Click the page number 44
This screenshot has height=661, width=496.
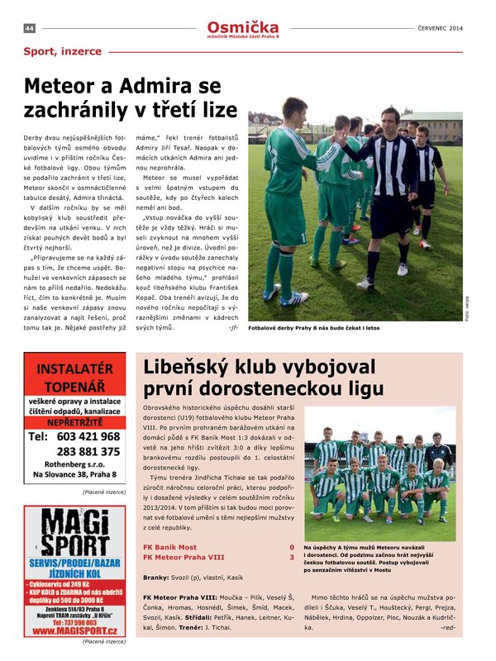[29, 28]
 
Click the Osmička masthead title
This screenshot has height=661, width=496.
[243, 27]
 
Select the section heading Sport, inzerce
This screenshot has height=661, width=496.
[63, 51]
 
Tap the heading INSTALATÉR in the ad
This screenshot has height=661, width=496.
[74, 369]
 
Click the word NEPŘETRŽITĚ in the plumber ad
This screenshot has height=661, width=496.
[74, 421]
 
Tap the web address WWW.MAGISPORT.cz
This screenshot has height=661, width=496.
[74, 630]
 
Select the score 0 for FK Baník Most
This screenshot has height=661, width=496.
[291, 547]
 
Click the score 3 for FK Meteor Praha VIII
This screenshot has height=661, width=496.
[291, 557]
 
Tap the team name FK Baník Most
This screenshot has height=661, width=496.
[170, 547]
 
